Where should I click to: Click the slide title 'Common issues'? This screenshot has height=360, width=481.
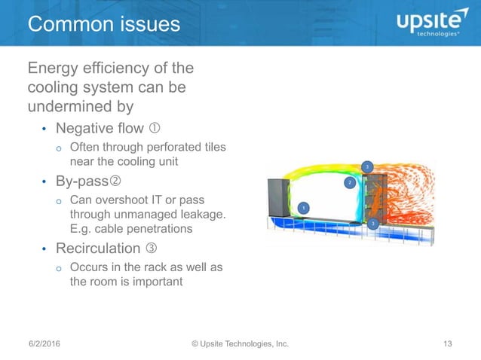(104, 24)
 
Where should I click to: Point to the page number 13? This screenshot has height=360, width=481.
(448, 344)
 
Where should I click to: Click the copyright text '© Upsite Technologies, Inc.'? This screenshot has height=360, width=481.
(240, 344)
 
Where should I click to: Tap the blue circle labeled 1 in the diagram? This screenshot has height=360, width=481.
(302, 207)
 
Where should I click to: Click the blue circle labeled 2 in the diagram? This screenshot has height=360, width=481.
(349, 182)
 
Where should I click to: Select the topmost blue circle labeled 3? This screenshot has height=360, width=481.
(367, 166)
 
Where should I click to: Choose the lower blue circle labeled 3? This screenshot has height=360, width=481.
(372, 224)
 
